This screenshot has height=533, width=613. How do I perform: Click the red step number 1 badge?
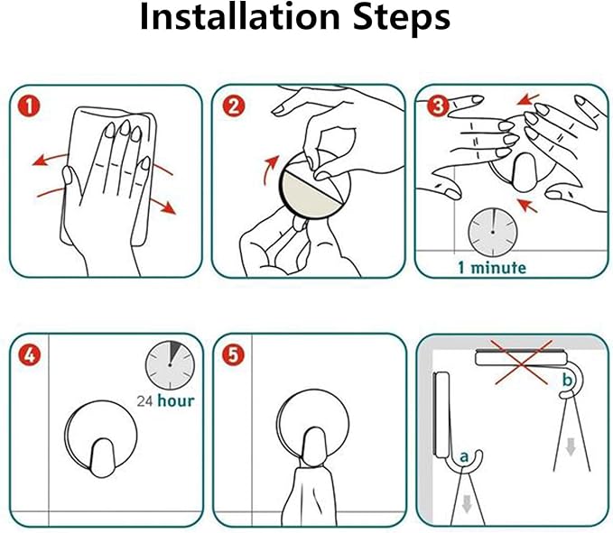pos(29,106)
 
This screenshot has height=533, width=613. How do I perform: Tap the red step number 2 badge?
pos(234,106)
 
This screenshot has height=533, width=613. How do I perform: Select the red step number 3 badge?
pos(438,106)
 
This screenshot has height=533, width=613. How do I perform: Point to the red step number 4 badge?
pos(30,355)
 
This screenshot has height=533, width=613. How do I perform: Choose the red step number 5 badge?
pos(233,355)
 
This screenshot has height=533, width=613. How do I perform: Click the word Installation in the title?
pos(239,17)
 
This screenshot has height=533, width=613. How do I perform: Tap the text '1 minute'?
pos(492,268)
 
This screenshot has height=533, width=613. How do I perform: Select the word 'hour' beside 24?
pos(175,400)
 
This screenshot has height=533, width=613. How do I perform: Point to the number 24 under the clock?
pos(144,401)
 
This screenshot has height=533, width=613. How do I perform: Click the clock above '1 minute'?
pos(492,233)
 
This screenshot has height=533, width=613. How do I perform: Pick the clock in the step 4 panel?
pos(170,365)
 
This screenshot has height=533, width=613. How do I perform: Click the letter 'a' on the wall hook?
pos(464,456)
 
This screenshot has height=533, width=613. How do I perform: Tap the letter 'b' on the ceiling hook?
pos(567,379)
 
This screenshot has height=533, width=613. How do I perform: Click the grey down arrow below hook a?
pos(467,503)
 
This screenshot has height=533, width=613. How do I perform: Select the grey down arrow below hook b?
pos(571,446)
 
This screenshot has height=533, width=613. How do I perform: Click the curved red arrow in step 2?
pos(269,169)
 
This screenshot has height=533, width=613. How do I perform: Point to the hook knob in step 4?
pos(102,457)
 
